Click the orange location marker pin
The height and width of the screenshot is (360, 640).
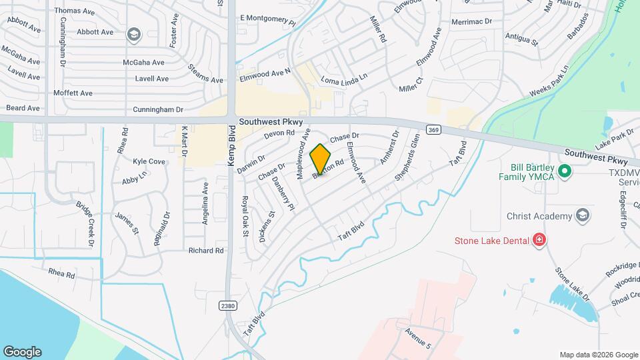tap(321, 159)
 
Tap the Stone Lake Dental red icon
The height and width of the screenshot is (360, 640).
tap(539, 240)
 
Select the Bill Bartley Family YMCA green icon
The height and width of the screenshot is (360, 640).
tap(565, 172)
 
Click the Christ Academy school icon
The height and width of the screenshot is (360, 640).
tap(583, 215)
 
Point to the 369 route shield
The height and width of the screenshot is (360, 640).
tap(434, 130)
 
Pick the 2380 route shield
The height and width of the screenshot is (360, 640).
tap(228, 305)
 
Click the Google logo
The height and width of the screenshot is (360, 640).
tap(22, 352)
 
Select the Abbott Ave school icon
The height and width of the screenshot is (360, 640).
tap(133, 33)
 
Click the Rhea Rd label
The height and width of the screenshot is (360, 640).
tap(61, 273)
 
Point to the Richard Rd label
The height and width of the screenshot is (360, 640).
tap(205, 251)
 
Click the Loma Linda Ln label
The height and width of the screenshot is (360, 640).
tap(344, 80)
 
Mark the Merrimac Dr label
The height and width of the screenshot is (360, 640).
tap(471, 22)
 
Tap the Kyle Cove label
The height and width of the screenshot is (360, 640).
tap(149, 161)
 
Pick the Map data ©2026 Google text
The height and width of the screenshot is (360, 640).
tap(598, 355)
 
